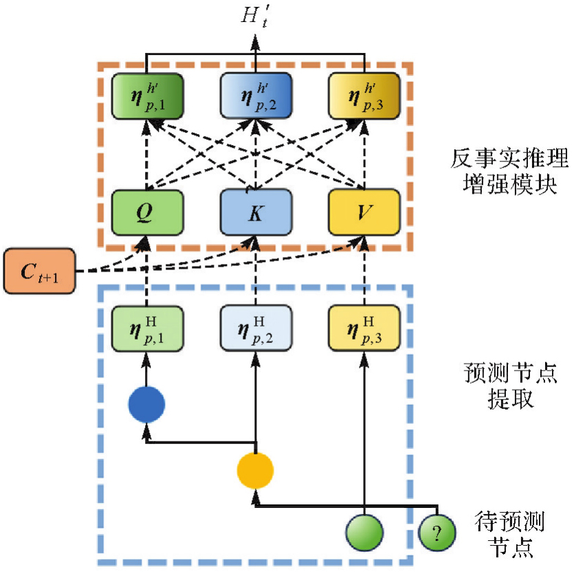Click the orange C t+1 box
[38, 271]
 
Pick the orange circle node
[255, 471]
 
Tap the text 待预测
[509, 522]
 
